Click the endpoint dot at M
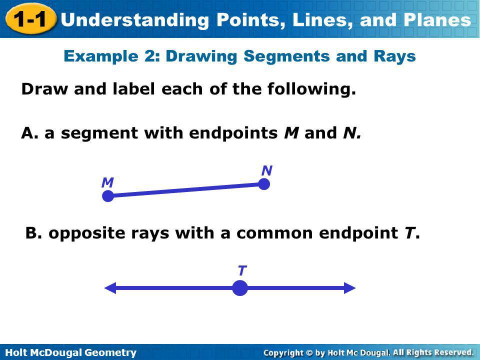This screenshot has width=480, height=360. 108,196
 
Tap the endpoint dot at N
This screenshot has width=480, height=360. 264,184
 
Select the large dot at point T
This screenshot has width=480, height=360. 240,288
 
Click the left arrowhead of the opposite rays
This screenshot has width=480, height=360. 110,288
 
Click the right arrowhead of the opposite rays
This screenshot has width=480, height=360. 349,288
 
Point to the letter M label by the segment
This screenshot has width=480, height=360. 106,183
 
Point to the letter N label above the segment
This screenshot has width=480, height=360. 266,171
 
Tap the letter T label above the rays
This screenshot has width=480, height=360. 241,271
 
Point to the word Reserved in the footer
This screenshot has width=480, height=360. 451,352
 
